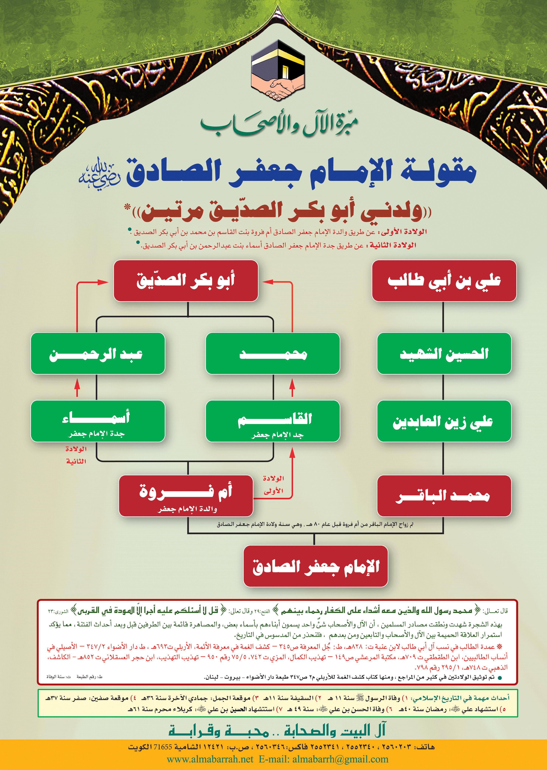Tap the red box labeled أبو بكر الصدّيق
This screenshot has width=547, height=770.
click(186, 280)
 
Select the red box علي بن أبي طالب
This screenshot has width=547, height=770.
click(444, 280)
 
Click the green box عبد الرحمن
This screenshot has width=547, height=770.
click(98, 354)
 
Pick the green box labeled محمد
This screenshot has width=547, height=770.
click(273, 354)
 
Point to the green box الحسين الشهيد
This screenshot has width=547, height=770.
click(444, 354)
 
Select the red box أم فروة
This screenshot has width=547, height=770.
click(186, 496)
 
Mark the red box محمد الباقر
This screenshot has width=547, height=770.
click(444, 496)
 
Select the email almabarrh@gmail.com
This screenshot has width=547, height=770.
click(340, 759)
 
